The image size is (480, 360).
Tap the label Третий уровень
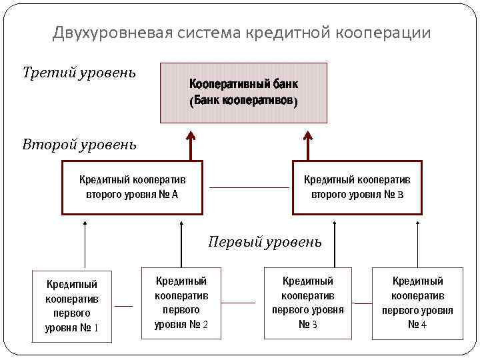coord(79,72)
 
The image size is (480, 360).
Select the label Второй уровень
coord(79,144)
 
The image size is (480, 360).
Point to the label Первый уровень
coord(265,241)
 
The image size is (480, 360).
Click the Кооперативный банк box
coord(243,93)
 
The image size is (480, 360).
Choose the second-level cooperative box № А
coord(132,187)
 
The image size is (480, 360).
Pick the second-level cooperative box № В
coord(357,187)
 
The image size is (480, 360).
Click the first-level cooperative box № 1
coord(72,306)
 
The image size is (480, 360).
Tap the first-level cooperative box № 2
coord(181,303)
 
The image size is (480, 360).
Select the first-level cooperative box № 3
coord(308,303)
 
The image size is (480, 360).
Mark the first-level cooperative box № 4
coord(417,303)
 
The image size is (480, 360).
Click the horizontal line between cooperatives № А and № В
coord(249,187)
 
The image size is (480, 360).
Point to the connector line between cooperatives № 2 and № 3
coord(238,303)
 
